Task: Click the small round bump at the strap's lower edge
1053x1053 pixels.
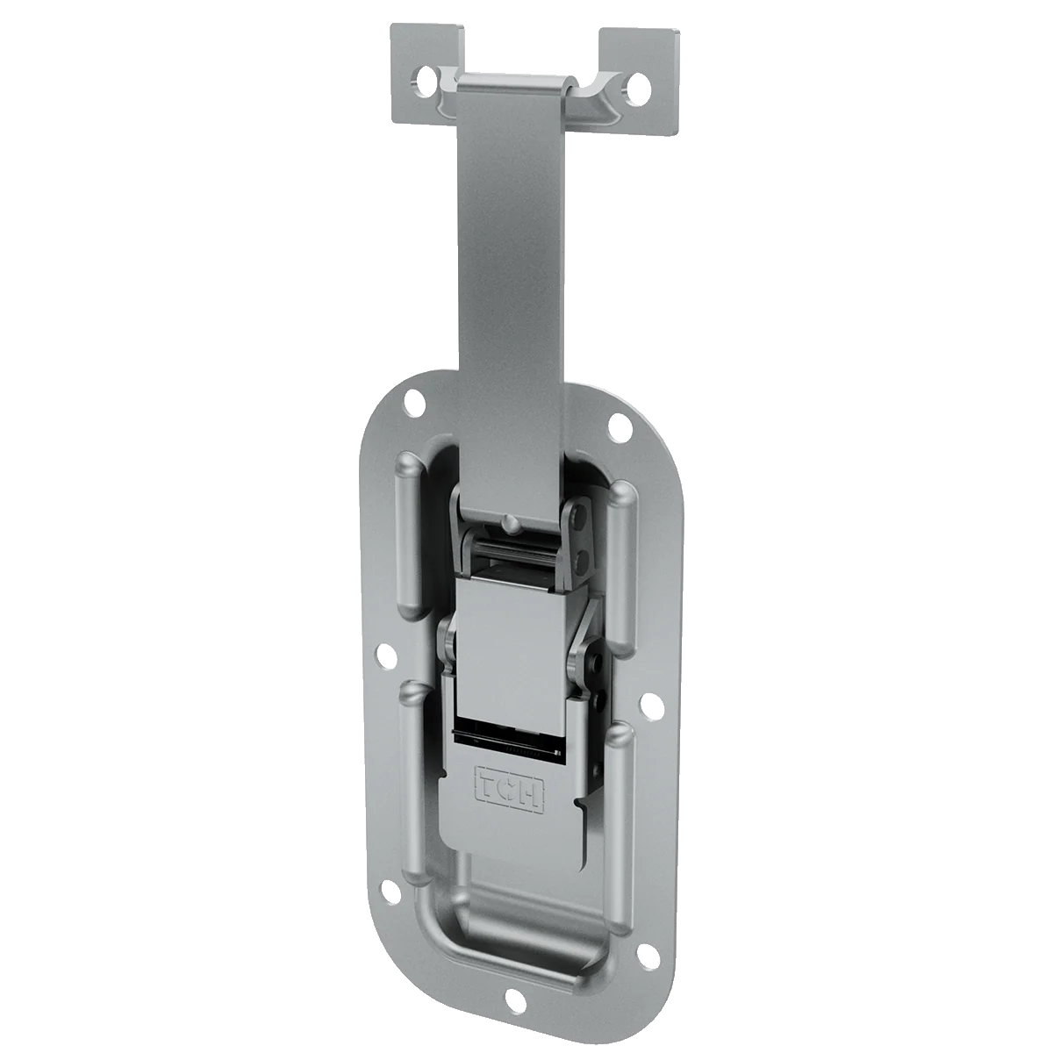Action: [x=509, y=524]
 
